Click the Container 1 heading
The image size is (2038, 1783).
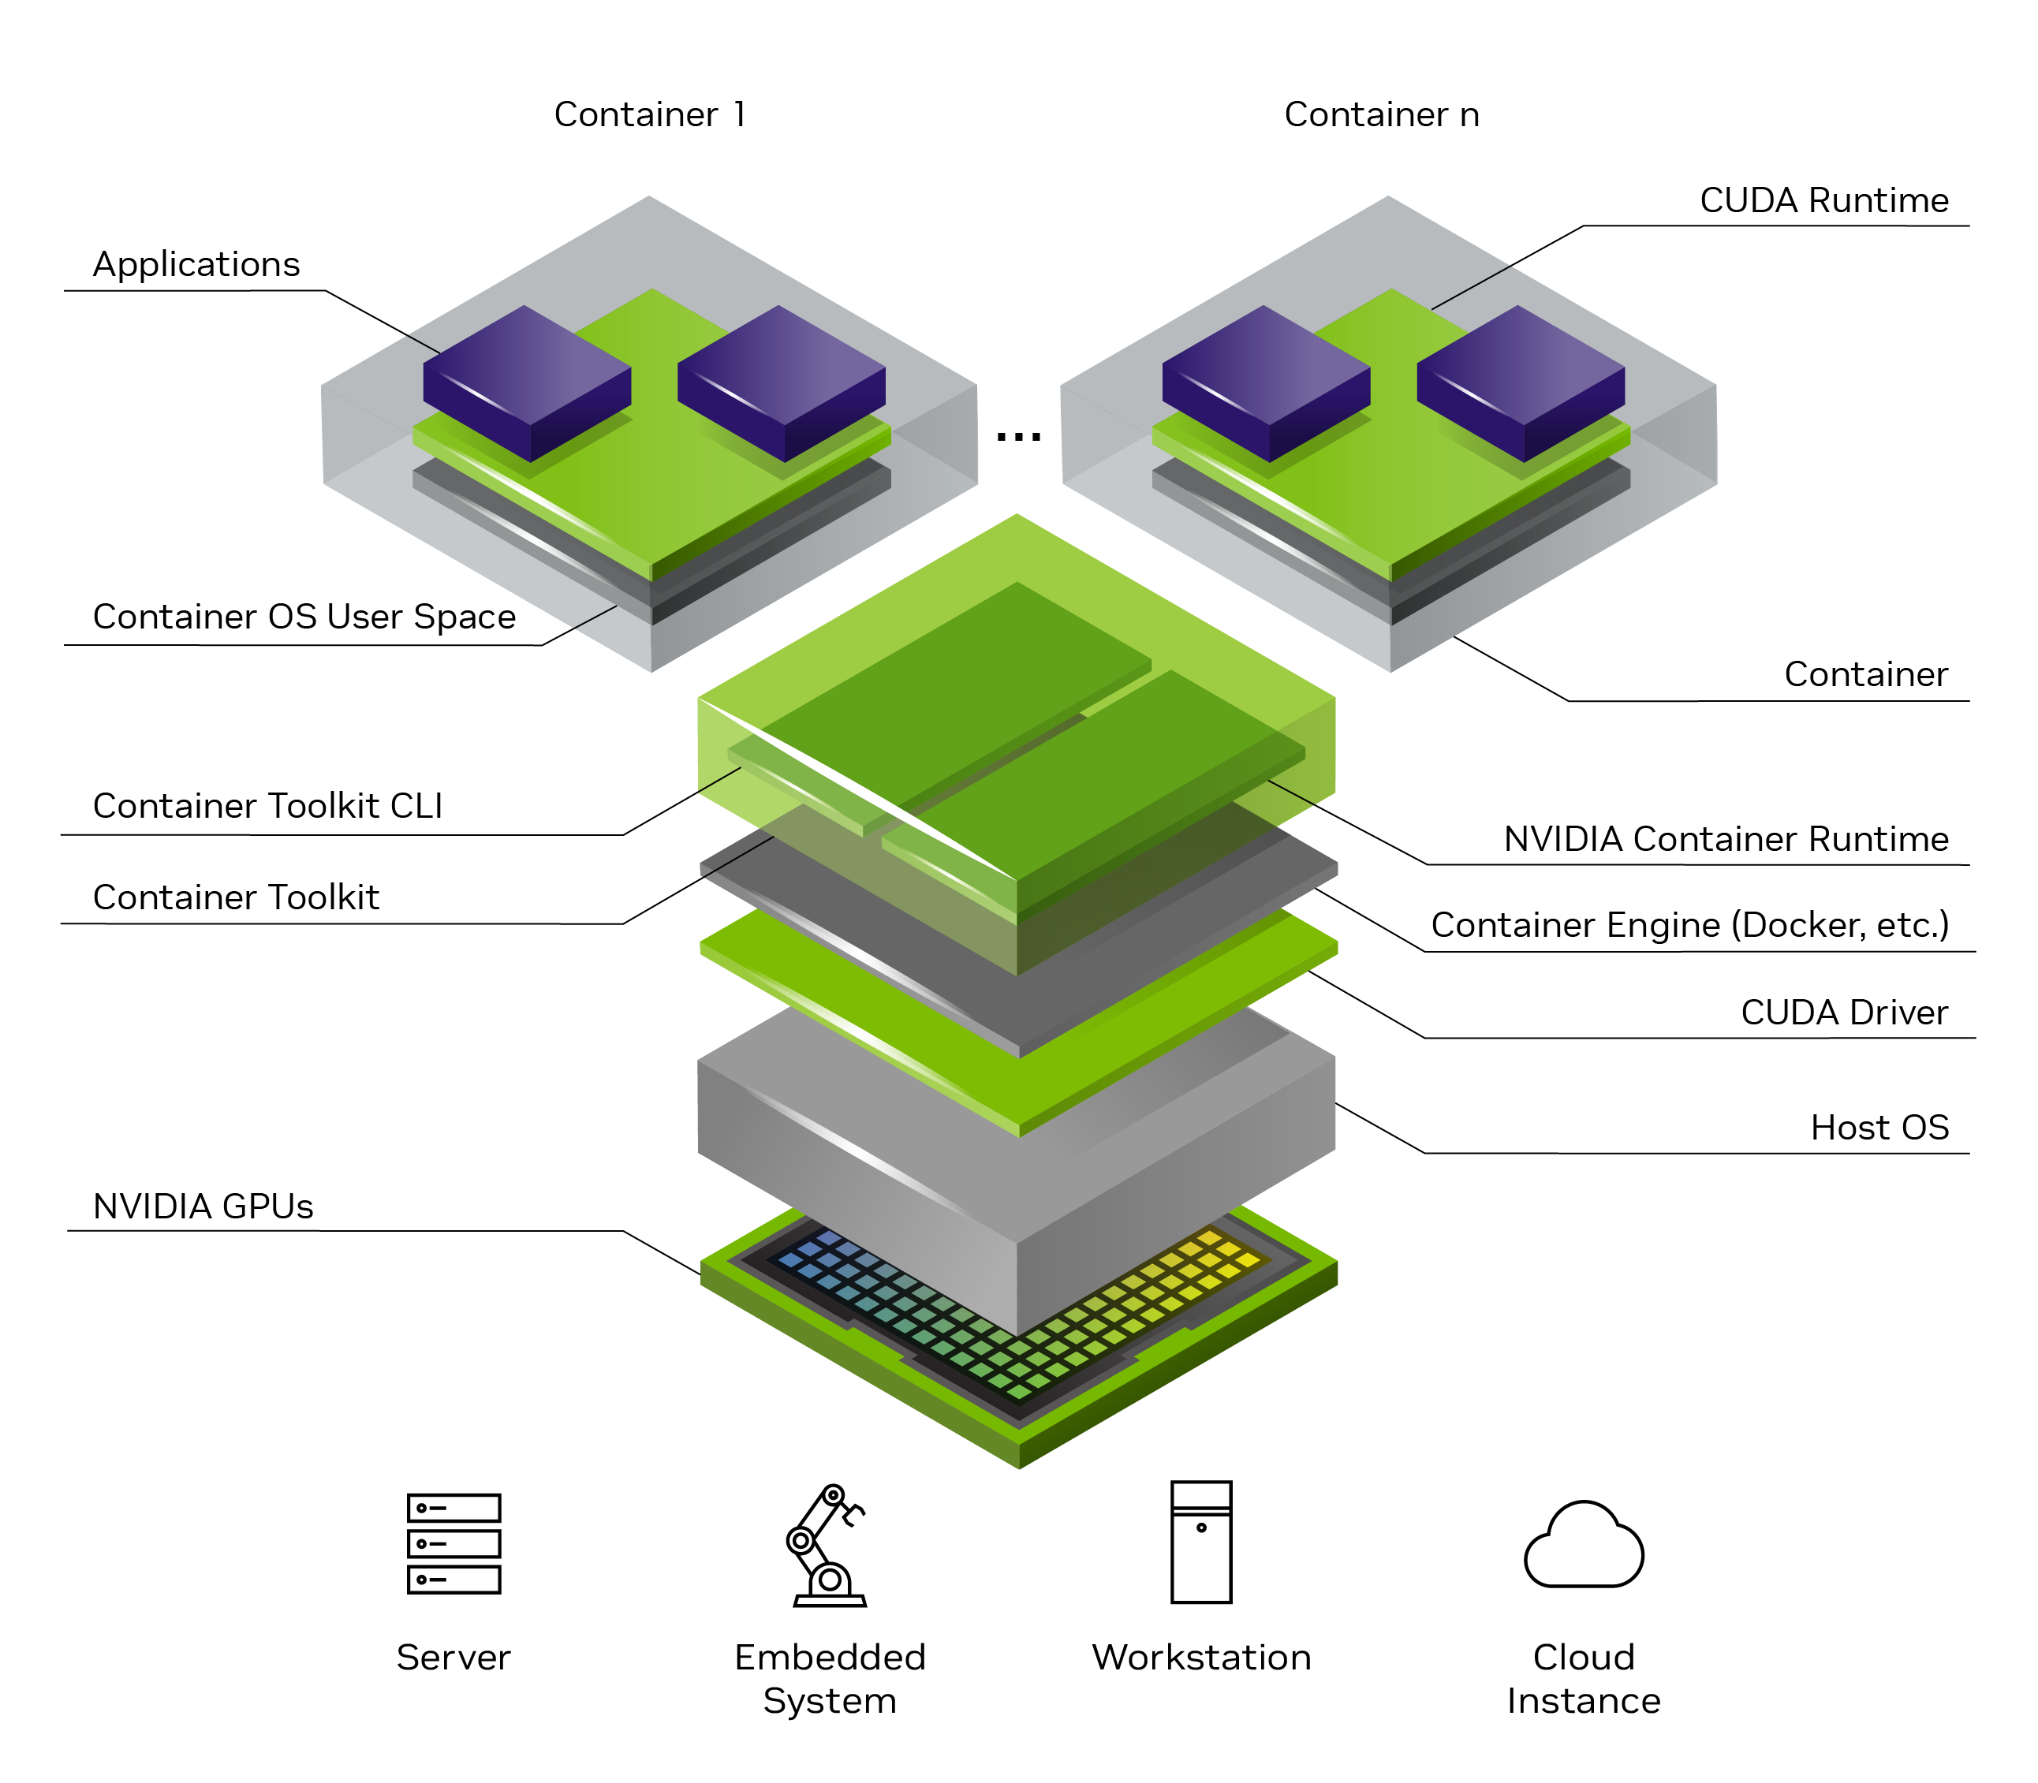[649, 114]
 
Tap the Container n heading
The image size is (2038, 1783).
[1381, 114]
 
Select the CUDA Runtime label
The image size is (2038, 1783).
[1823, 200]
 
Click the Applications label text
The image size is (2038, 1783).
[196, 265]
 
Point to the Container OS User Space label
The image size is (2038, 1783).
[304, 617]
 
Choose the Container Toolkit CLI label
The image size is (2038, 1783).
[267, 806]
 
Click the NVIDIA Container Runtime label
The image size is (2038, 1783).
[1725, 839]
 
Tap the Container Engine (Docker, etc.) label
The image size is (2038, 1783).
[1689, 925]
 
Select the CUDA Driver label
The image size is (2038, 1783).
[1843, 1012]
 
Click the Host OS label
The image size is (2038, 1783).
[1879, 1128]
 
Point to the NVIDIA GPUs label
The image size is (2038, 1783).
[203, 1206]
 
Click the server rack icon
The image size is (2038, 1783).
[454, 1543]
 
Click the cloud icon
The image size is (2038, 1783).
[1583, 1547]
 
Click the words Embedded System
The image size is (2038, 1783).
[829, 1679]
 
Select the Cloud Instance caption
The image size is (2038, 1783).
[1582, 1679]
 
